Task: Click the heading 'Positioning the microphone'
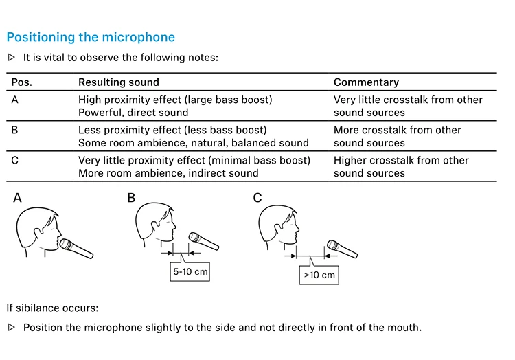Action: (x=91, y=37)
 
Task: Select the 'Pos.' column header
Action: (x=21, y=82)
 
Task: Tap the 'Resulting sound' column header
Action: (x=118, y=82)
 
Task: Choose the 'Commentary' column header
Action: (x=366, y=82)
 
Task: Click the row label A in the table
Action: (x=15, y=100)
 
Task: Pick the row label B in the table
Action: (x=15, y=130)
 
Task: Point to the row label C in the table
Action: (x=15, y=160)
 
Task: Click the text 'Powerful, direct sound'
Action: (x=133, y=113)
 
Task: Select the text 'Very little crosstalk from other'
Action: (x=408, y=100)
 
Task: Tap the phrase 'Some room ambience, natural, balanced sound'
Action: (x=193, y=143)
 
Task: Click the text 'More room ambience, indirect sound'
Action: (x=168, y=173)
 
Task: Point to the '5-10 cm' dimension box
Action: (x=190, y=272)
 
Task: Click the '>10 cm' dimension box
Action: (x=319, y=275)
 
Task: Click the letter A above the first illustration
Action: (x=17, y=198)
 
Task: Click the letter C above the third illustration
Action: (x=257, y=198)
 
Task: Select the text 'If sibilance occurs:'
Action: (x=53, y=308)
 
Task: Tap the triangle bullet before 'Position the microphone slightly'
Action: (x=11, y=327)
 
